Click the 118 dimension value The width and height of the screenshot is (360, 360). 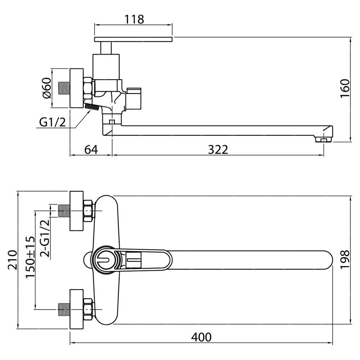click(134, 19)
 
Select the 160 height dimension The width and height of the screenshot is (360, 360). click(345, 89)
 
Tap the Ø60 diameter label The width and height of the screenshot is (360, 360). click(47, 88)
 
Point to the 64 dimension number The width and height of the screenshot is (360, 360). click(91, 150)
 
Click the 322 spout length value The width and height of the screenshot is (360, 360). click(218, 150)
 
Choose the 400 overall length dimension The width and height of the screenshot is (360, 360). click(201, 337)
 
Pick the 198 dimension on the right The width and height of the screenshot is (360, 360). click(345, 260)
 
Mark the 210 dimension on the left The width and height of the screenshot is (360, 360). click(13, 260)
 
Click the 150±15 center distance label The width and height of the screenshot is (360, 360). click(30, 257)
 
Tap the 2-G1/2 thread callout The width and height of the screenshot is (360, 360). click(45, 238)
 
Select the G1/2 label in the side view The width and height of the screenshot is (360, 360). click(53, 122)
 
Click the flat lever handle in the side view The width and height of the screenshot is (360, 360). click(133, 39)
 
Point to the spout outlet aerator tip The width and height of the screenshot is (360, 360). click(324, 140)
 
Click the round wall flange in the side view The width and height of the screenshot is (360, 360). click(76, 88)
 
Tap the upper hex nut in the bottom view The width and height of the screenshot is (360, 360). click(88, 211)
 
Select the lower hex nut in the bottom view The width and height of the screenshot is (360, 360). click(88, 309)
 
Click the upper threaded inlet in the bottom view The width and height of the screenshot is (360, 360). click(64, 211)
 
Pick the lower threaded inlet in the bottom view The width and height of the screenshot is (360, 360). click(64, 309)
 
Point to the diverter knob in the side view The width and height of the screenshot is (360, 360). click(134, 98)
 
